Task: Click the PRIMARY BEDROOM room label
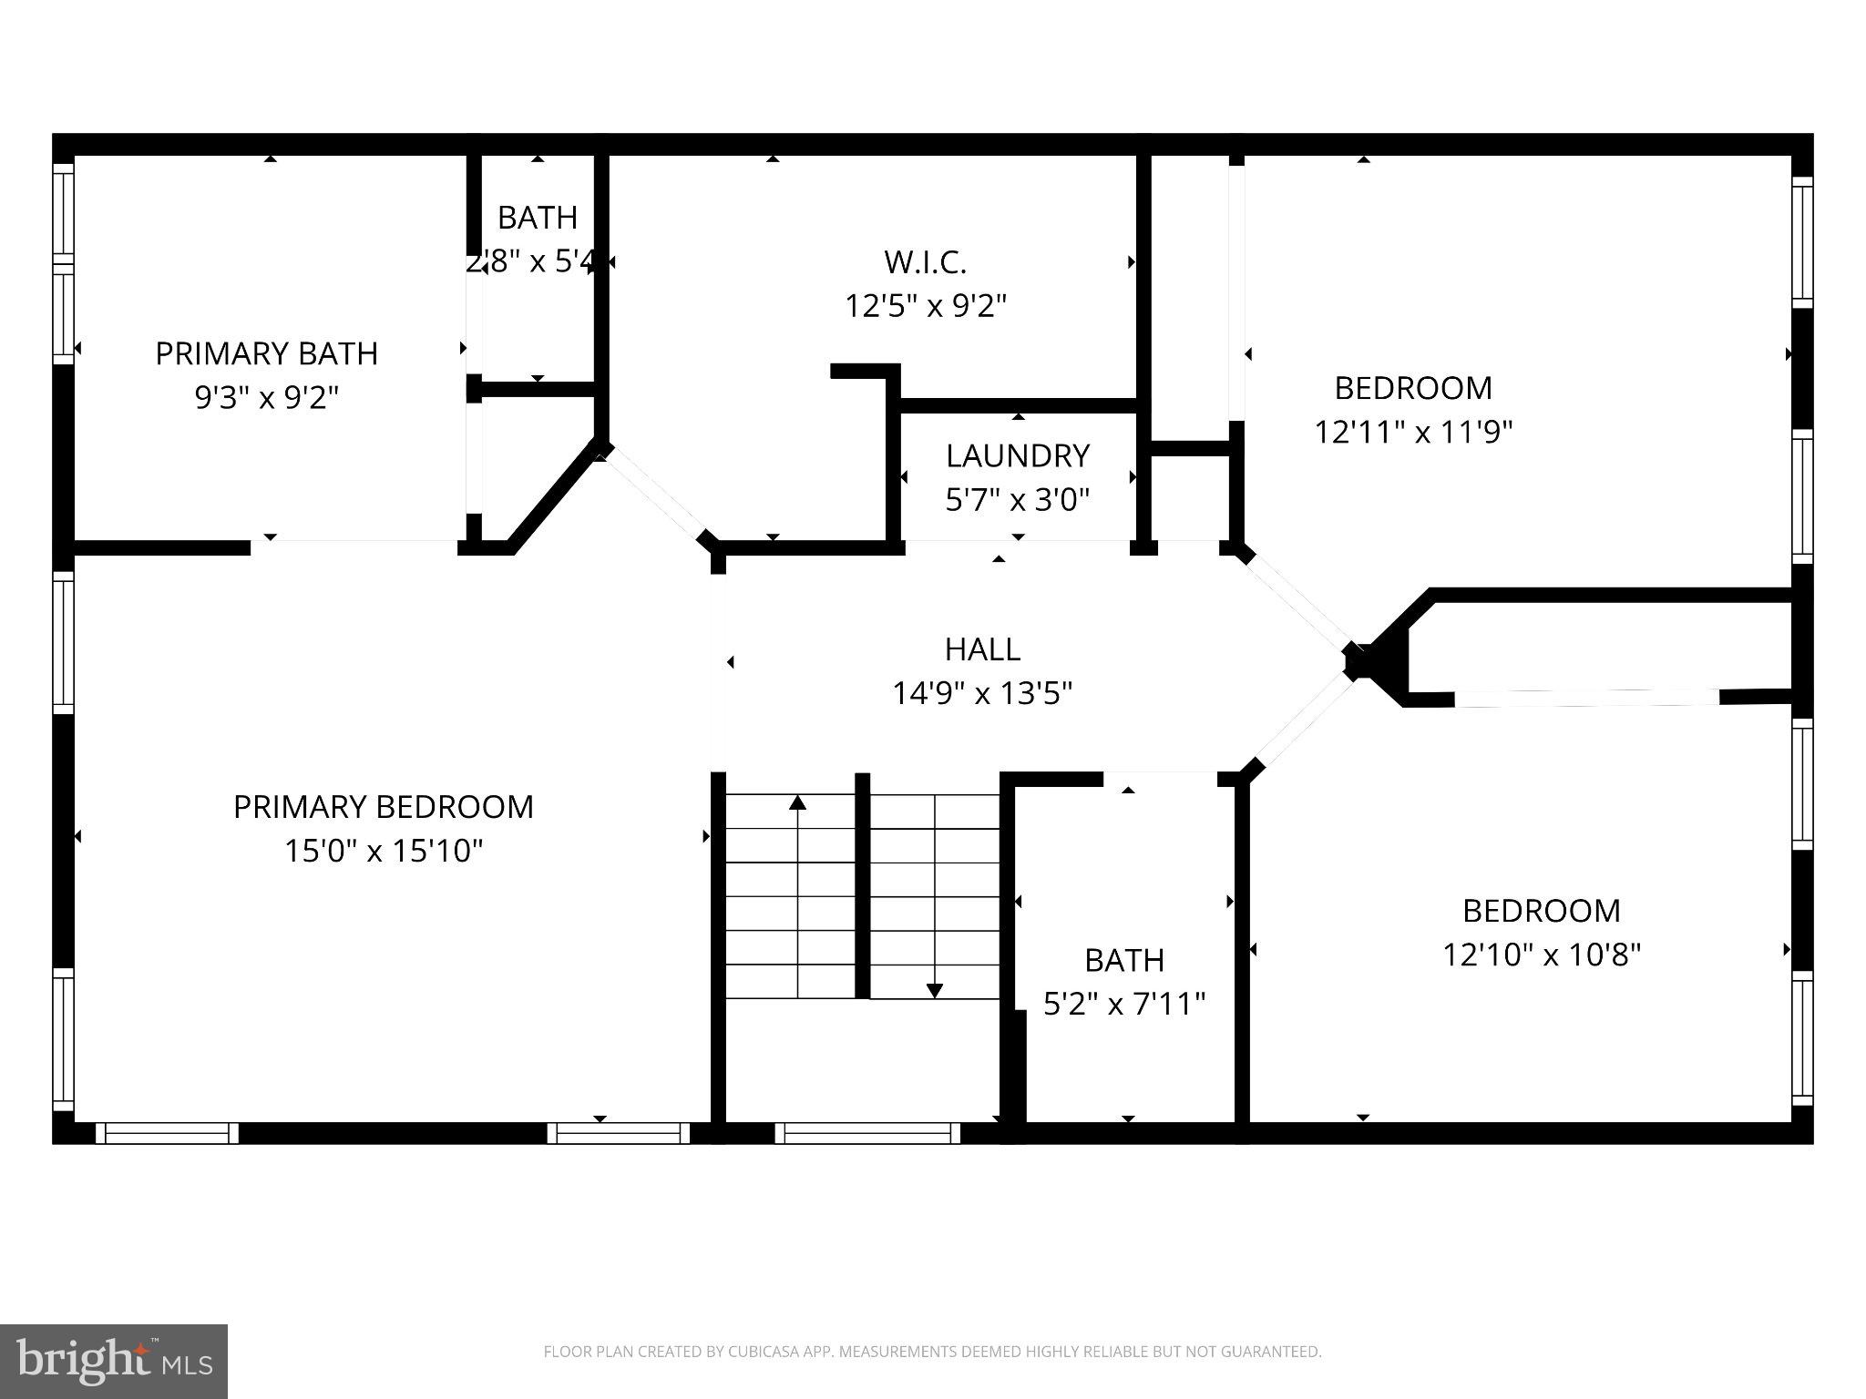[384, 807]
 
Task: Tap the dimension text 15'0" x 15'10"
[384, 851]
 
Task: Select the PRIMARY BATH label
[266, 353]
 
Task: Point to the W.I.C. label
[925, 262]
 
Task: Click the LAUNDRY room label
[1018, 455]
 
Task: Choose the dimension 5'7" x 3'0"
[1018, 499]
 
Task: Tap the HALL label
[982, 649]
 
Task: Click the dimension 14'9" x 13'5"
[982, 693]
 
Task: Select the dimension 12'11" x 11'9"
[1413, 431]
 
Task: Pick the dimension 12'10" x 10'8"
[1542, 955]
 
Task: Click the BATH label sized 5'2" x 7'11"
[1124, 960]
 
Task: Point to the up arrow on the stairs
[798, 803]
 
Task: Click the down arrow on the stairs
[935, 990]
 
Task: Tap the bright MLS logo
[114, 1362]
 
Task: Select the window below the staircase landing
[867, 1133]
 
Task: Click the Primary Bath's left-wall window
[63, 264]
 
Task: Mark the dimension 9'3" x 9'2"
[266, 397]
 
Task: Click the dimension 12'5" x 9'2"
[925, 306]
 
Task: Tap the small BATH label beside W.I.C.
[538, 218]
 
